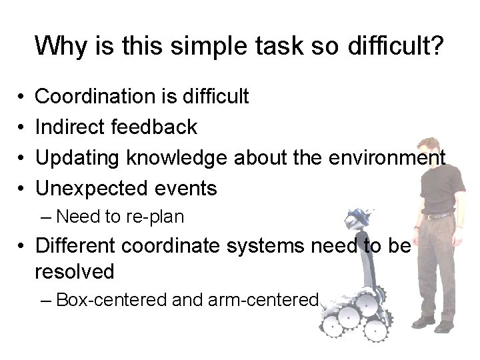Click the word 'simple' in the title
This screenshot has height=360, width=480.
click(199, 46)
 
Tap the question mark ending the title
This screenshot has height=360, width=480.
click(435, 46)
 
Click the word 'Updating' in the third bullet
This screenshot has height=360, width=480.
click(77, 158)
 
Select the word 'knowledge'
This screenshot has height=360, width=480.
click(177, 157)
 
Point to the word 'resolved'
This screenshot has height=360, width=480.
click(75, 271)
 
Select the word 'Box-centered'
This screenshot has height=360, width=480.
click(111, 300)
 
